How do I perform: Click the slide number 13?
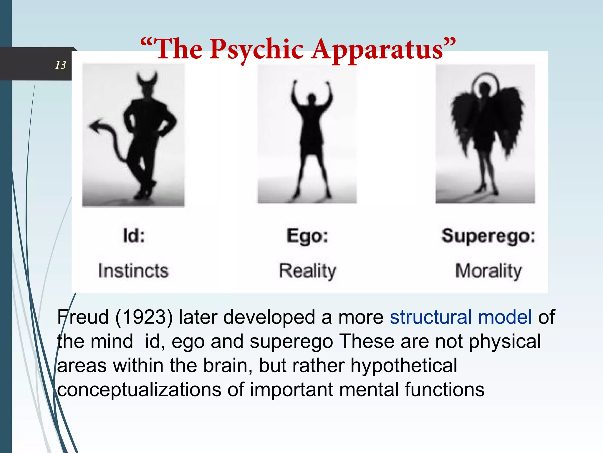click(60, 65)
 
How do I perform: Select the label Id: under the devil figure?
click(134, 236)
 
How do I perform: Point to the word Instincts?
click(134, 271)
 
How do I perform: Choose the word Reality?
click(308, 271)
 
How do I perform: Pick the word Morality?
click(489, 271)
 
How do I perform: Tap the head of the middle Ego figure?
click(311, 98)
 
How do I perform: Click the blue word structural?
click(431, 317)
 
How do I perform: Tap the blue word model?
click(505, 317)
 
